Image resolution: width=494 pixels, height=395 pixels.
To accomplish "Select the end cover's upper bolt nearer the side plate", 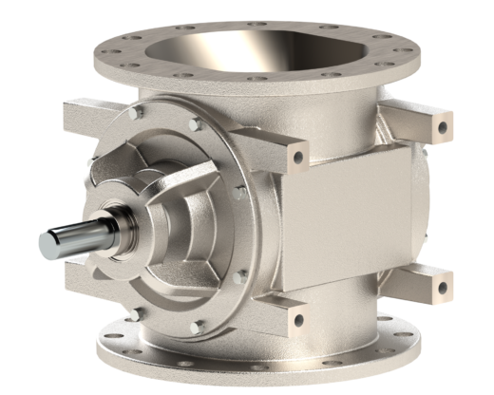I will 196,123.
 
